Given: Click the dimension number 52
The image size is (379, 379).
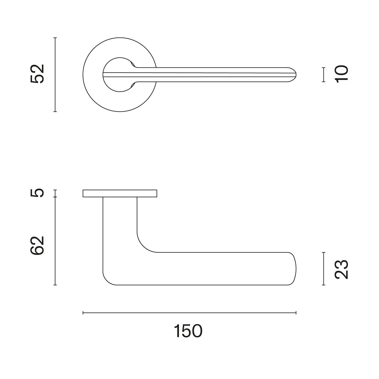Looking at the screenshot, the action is pyautogui.click(x=37, y=74).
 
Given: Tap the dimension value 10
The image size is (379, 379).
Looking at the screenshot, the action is pyautogui.click(x=341, y=74).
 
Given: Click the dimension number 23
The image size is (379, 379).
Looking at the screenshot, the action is pyautogui.click(x=341, y=269).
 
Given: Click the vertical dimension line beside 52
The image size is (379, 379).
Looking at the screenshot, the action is pyautogui.click(x=55, y=74).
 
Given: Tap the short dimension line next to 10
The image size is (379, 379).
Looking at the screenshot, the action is pyautogui.click(x=323, y=74).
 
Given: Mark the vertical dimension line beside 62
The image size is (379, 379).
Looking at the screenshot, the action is pyautogui.click(x=55, y=241).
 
